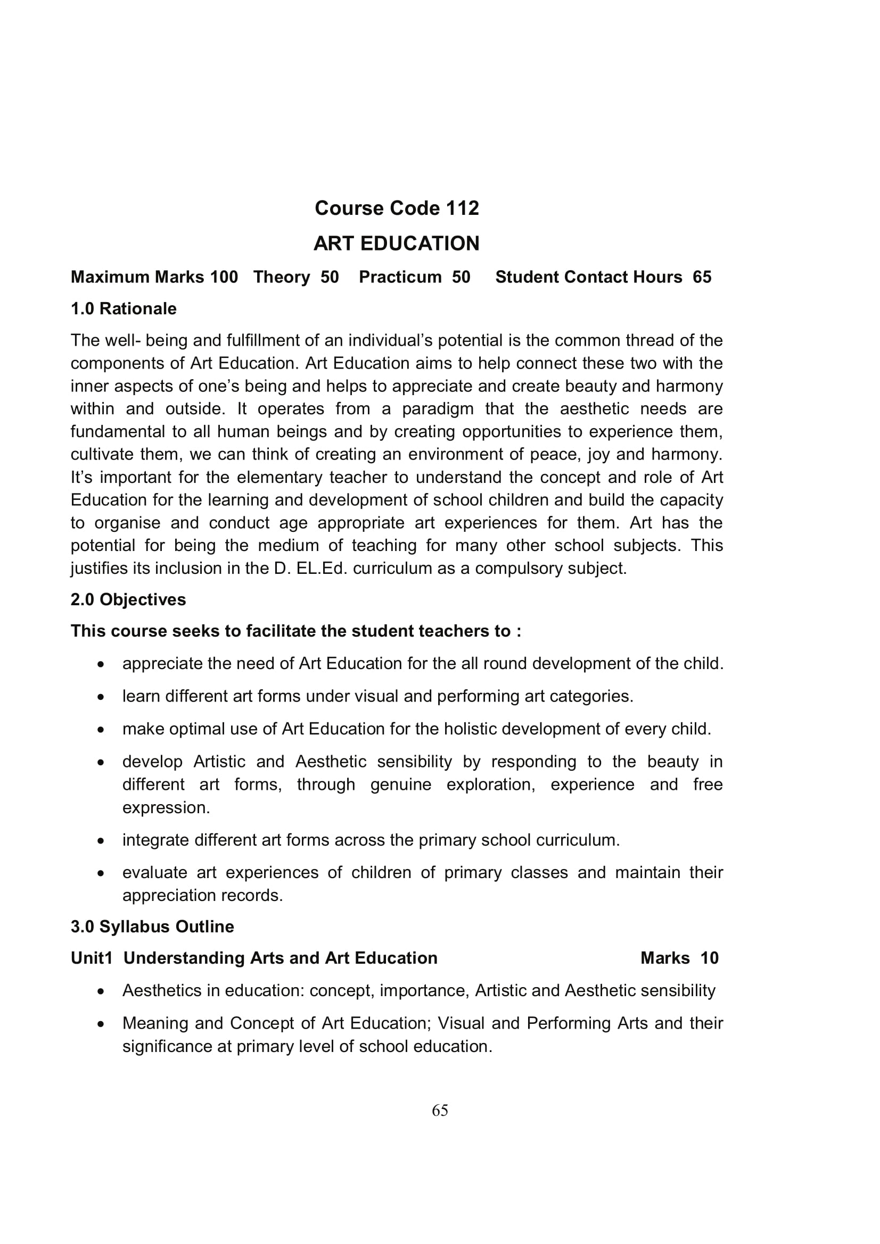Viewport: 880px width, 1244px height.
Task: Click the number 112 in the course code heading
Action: (463, 208)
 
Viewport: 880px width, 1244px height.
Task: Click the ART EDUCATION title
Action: (397, 244)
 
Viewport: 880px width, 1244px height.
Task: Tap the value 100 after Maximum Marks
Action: (224, 277)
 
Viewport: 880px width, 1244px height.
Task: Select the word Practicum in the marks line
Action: (400, 277)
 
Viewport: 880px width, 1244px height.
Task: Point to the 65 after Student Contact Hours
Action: (702, 277)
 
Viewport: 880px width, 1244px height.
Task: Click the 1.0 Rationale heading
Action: (124, 309)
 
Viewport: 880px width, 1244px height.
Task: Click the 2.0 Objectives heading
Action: (128, 600)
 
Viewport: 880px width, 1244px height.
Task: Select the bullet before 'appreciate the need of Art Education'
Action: (100, 664)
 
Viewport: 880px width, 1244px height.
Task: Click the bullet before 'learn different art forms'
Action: (100, 697)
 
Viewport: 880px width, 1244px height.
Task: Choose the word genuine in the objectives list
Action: (401, 784)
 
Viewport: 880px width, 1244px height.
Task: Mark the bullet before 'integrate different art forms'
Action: (100, 841)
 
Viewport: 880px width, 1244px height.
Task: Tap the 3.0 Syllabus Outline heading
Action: (152, 927)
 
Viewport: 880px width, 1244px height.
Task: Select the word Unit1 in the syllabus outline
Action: (91, 958)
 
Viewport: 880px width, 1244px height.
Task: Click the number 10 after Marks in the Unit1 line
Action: (709, 958)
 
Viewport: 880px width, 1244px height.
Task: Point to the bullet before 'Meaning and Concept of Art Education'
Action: (100, 1024)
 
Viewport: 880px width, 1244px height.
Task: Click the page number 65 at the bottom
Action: (440, 1111)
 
